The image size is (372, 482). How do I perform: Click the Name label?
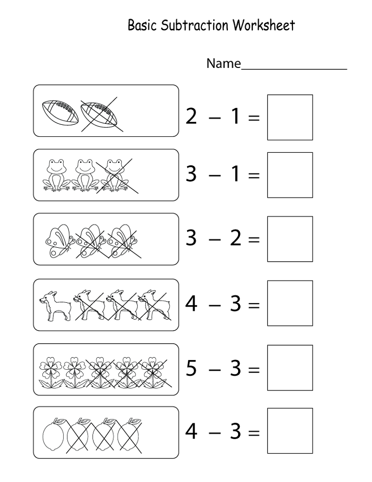point(223,64)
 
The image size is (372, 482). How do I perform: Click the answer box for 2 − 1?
point(290,117)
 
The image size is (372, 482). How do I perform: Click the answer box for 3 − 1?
point(290,175)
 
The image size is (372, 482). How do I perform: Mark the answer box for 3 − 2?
point(290,239)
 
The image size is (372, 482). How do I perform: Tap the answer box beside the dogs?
point(290,304)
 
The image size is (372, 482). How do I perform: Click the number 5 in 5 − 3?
point(191,369)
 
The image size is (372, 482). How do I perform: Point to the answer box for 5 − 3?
point(290,368)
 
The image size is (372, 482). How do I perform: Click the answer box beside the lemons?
point(290,431)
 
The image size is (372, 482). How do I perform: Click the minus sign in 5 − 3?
point(214,370)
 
